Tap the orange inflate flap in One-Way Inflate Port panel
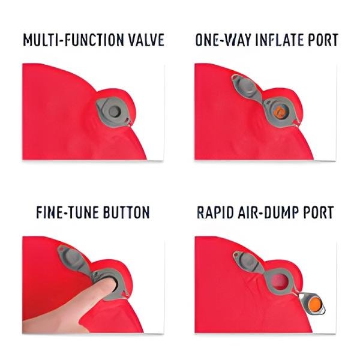280,112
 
